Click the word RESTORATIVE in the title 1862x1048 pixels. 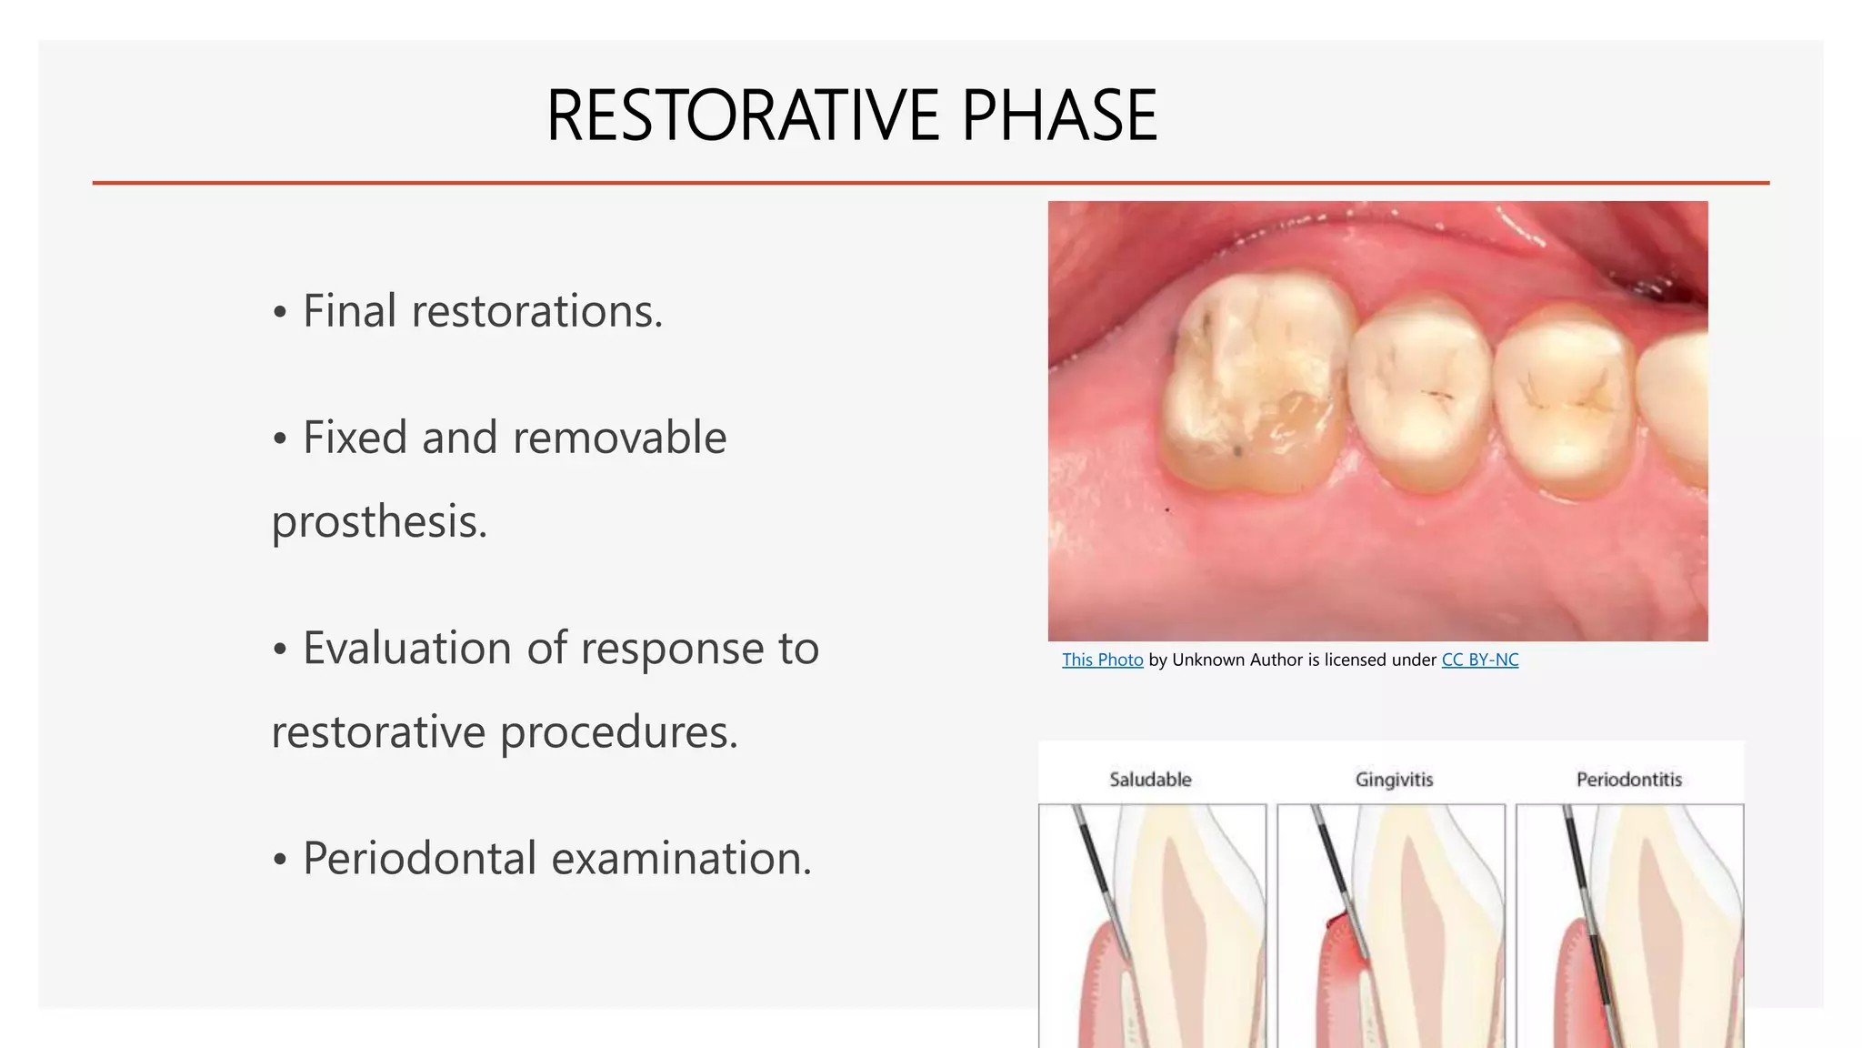point(742,116)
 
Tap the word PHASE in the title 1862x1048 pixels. point(1059,116)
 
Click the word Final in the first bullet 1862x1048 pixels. point(349,311)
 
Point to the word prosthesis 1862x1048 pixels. point(379,522)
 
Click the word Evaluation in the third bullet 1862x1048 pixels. point(406,649)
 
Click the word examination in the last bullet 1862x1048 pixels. point(681,859)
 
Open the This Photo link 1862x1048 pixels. point(1102,660)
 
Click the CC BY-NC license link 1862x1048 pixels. point(1479,660)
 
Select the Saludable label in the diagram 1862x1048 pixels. point(1150,780)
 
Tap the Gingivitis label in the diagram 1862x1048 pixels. point(1394,780)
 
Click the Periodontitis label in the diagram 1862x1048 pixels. point(1628,780)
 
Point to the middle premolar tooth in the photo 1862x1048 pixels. point(1418,391)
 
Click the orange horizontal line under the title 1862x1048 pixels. point(930,183)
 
